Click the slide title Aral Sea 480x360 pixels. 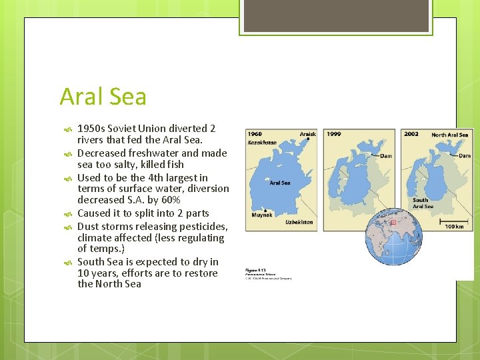point(103,97)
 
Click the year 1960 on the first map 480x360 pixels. point(255,134)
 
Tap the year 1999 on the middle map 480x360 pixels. point(334,134)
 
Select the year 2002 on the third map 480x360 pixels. point(411,134)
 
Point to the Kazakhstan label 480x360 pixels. point(262,142)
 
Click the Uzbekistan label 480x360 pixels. point(299,222)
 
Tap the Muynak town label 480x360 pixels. point(261,215)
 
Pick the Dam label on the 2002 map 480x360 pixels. point(464,156)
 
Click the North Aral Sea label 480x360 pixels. point(449,135)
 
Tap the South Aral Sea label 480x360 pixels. point(423,203)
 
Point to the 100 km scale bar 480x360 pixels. point(455,219)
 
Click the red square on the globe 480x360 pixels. point(393,221)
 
